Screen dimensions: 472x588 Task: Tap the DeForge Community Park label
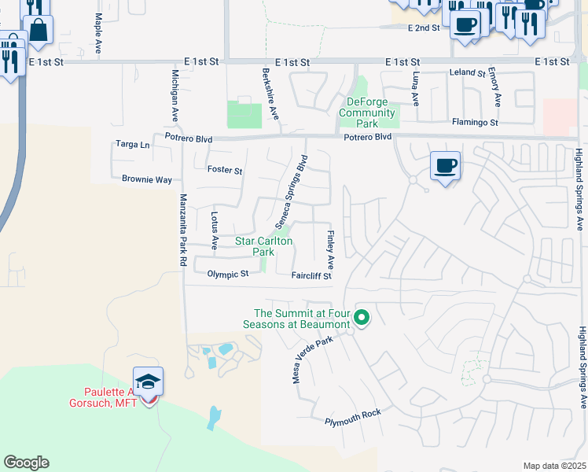366,112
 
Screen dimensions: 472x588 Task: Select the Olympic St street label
227,274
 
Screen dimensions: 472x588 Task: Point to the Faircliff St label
311,276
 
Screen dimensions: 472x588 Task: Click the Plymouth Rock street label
352,422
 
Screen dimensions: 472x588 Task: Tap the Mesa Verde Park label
314,359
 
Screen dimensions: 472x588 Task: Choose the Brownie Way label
146,179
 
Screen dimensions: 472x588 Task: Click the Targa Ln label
132,145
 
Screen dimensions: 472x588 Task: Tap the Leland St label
467,72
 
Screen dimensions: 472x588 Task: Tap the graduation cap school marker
148,382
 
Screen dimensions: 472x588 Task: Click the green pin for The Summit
362,318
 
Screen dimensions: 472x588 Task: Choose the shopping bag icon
37,31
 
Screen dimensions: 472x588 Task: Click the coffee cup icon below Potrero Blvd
445,166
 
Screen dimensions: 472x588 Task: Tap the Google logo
26,463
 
